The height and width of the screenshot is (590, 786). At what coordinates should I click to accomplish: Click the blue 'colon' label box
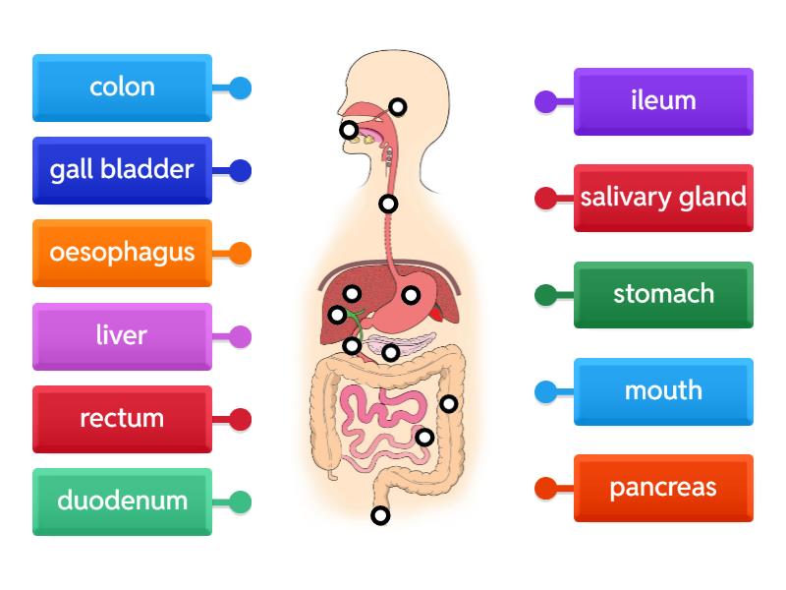tap(122, 87)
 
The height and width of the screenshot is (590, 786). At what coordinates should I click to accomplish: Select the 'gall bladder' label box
tap(122, 169)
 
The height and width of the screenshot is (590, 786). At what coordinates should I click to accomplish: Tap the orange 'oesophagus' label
tap(122, 252)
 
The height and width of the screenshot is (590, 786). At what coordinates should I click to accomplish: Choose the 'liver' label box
tap(122, 335)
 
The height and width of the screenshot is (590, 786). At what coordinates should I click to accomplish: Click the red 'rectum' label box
tap(122, 418)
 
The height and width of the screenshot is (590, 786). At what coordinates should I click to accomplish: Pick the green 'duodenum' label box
tap(122, 501)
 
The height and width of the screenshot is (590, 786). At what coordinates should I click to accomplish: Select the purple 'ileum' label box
tap(663, 100)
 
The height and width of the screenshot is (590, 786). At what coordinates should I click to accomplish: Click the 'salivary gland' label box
tap(663, 197)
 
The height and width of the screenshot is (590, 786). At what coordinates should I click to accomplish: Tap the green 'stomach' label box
tap(663, 293)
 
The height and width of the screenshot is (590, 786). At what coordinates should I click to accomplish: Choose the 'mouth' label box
tap(663, 390)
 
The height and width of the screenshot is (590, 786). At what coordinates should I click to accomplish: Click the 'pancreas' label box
tap(663, 487)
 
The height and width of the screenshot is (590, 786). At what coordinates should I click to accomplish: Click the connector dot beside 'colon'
tap(241, 88)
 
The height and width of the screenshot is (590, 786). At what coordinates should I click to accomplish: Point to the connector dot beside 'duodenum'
tap(241, 502)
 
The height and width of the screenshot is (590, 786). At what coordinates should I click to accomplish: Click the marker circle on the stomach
tap(411, 295)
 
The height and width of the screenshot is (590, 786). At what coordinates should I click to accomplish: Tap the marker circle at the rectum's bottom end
tap(380, 515)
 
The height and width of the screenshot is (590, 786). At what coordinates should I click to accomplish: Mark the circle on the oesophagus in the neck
tap(388, 205)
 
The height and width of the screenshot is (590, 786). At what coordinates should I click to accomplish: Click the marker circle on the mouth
tap(349, 130)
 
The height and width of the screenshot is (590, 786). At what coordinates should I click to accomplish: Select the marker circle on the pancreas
tap(390, 352)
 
